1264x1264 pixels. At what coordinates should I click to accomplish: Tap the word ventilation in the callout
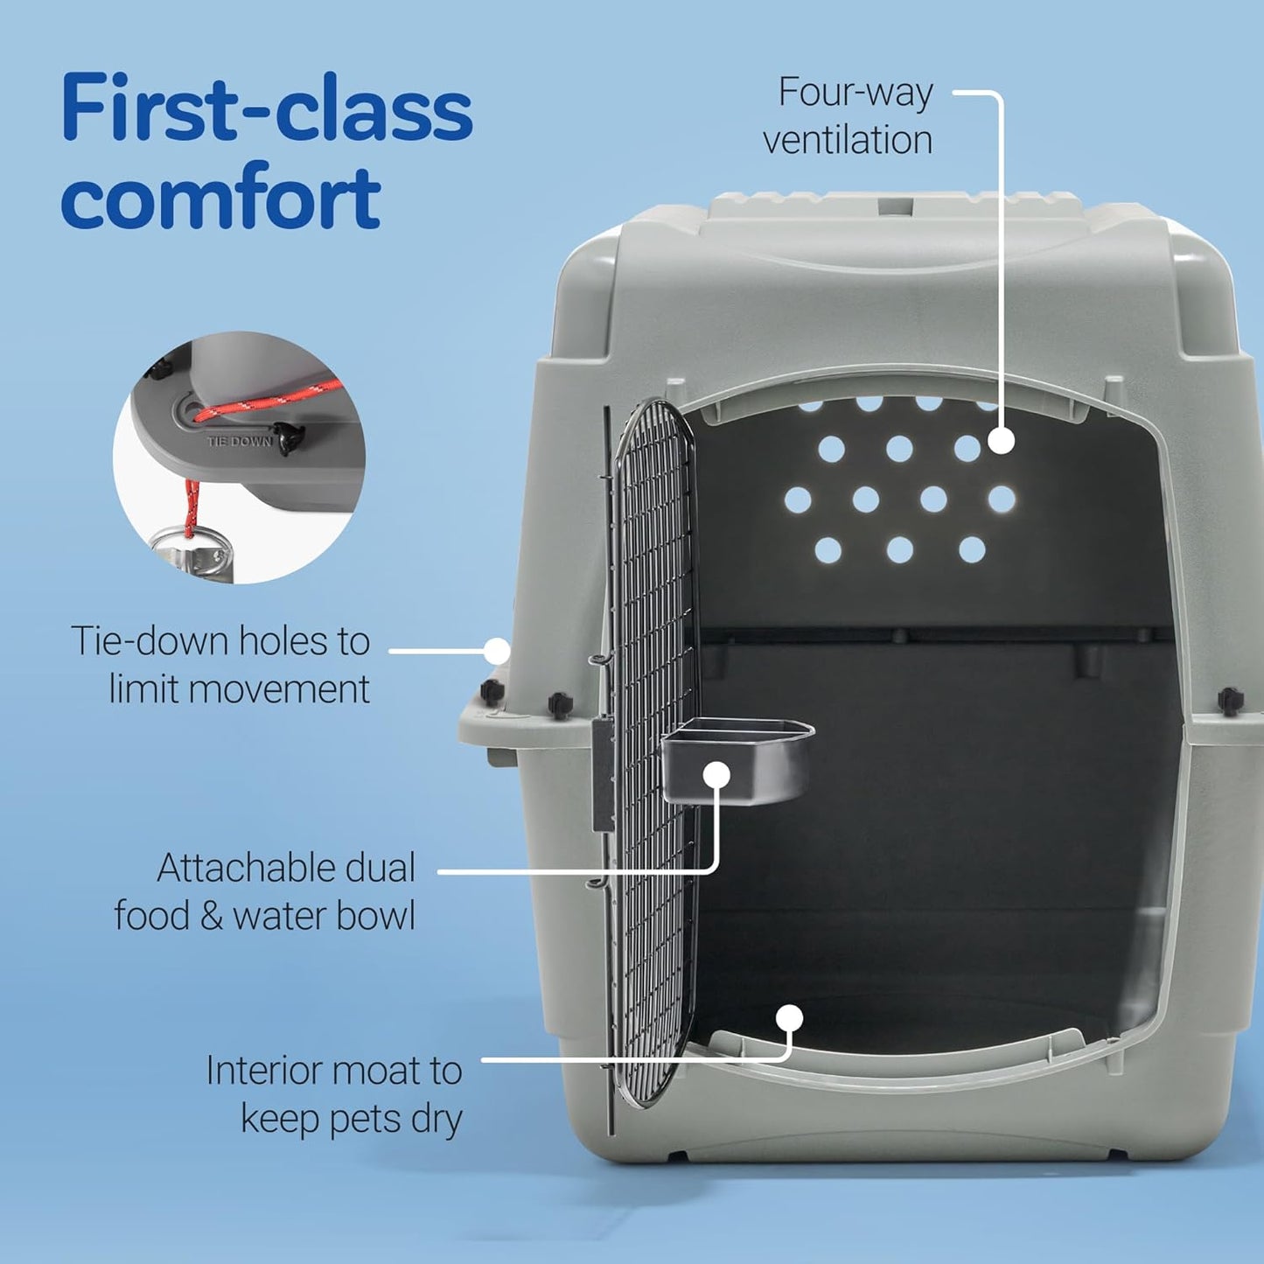(x=848, y=140)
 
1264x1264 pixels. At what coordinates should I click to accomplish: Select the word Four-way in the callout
(x=856, y=93)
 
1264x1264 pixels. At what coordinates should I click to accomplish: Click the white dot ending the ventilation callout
(x=1001, y=440)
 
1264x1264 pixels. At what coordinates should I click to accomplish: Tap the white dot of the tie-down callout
(x=497, y=651)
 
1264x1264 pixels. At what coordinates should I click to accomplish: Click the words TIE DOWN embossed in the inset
(x=240, y=442)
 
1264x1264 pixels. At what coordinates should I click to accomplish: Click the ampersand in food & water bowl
(x=211, y=915)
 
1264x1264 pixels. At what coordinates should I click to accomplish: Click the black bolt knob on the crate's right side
(x=1230, y=700)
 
